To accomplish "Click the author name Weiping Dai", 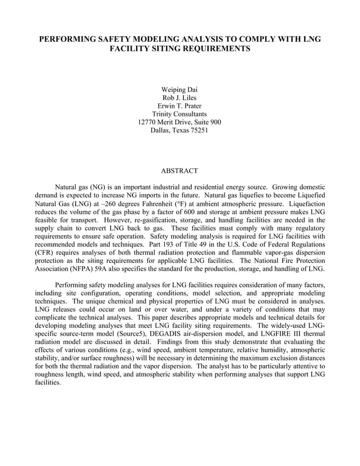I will (x=179, y=90).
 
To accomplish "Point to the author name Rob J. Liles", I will (x=179, y=98).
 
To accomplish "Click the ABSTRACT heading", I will (x=179, y=170).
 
